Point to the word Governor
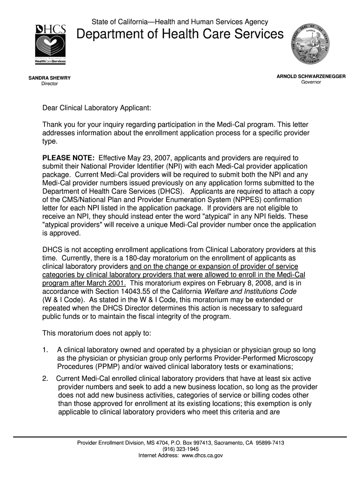point(311,82)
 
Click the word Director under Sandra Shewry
point(50,84)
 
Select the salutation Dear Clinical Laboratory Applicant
point(97,108)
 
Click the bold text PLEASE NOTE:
point(69,158)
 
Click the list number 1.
point(45,350)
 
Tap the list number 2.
point(45,378)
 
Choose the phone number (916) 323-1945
point(180,449)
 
